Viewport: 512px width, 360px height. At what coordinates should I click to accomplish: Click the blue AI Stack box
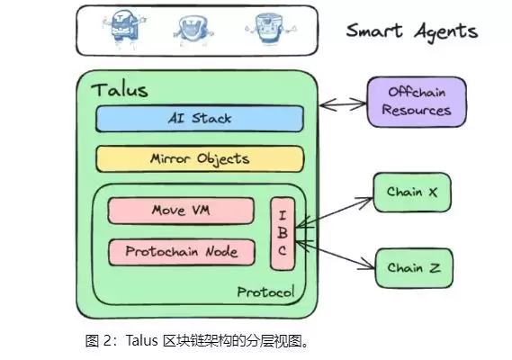(x=200, y=119)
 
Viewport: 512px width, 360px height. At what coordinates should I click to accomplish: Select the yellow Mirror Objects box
(x=200, y=158)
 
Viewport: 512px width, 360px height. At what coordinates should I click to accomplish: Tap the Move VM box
(x=180, y=211)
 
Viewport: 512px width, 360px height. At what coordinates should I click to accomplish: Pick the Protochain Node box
(x=180, y=252)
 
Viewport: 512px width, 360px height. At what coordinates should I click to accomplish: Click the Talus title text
(x=120, y=90)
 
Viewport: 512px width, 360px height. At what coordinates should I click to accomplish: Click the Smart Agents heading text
(x=412, y=31)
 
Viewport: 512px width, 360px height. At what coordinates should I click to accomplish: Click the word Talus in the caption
(x=144, y=342)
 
